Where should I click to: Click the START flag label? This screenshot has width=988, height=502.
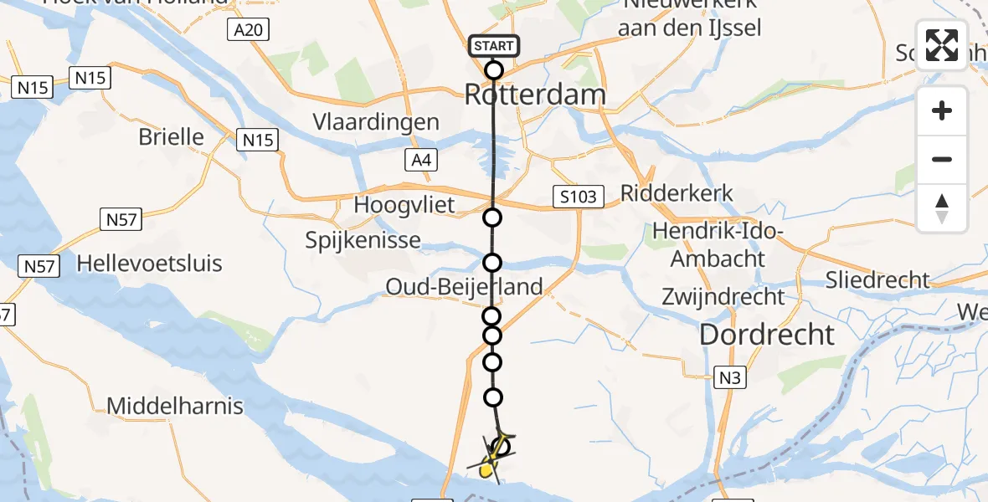(494, 46)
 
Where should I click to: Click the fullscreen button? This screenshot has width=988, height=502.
(942, 45)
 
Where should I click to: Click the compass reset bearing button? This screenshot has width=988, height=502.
(942, 208)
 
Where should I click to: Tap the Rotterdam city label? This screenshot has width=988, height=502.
(534, 95)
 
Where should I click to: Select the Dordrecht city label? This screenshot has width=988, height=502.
(767, 335)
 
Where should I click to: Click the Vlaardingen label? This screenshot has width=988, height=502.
(376, 122)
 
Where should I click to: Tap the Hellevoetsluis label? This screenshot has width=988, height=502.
(149, 264)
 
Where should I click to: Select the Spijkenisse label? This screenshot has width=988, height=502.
(363, 241)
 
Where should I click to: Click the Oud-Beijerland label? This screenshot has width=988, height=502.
(464, 287)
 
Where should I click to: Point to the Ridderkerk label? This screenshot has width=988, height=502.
(677, 193)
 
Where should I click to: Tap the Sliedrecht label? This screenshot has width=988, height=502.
(877, 279)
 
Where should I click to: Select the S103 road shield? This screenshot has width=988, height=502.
(579, 197)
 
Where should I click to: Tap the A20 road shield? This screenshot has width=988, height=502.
(240, 31)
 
